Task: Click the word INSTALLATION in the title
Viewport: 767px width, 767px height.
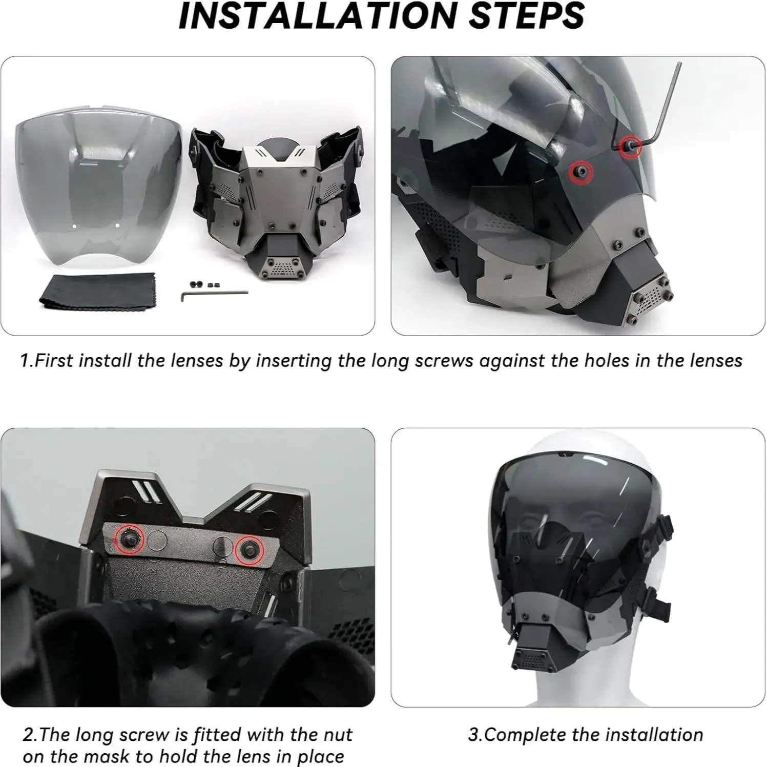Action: pyautogui.click(x=318, y=16)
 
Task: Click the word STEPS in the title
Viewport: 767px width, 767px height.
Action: pyautogui.click(x=527, y=16)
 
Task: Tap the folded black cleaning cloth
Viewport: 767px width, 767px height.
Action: pyautogui.click(x=76, y=292)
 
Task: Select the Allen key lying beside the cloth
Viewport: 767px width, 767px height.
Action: pyautogui.click(x=214, y=295)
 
